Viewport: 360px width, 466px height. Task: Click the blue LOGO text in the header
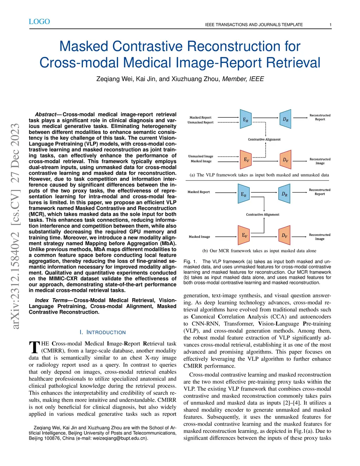[39, 22]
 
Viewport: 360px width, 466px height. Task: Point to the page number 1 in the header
[330, 25]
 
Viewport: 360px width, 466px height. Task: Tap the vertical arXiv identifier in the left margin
[15, 226]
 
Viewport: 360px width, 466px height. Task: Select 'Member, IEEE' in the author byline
[243, 79]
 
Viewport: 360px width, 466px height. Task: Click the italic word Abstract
[46, 115]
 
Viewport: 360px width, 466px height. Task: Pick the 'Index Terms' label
[51, 300]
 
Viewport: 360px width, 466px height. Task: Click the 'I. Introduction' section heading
[102, 332]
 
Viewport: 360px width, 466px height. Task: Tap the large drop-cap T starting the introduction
[34, 347]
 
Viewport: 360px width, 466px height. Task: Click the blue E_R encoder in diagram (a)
[245, 120]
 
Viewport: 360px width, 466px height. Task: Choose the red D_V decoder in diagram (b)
[285, 235]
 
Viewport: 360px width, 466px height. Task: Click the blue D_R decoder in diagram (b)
[285, 194]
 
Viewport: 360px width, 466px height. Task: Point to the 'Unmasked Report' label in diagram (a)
[200, 122]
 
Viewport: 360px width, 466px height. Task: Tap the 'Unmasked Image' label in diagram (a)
[201, 156]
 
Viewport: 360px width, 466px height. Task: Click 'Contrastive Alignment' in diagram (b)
[263, 215]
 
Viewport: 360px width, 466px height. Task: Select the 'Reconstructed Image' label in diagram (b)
[320, 237]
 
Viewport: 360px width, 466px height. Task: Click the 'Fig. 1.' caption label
[190, 262]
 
